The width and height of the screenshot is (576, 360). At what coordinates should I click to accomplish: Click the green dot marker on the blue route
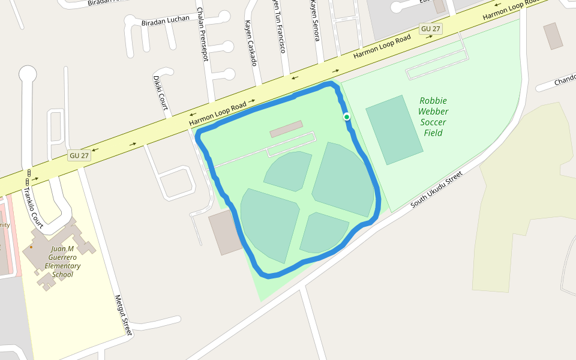347,116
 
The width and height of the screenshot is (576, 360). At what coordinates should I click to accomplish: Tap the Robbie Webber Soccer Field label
433,116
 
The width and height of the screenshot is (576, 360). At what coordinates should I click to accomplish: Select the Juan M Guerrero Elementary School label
62,262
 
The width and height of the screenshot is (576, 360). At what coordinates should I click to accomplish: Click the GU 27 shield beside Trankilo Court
79,155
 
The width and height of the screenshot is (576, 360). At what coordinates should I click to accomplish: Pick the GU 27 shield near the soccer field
431,29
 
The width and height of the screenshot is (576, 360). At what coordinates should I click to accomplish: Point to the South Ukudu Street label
437,190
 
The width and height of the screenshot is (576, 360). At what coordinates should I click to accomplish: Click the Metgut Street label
123,314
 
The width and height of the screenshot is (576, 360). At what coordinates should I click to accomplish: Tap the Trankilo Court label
33,208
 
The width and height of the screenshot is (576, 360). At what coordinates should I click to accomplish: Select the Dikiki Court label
160,92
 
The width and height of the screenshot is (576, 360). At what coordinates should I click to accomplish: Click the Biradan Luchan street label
165,20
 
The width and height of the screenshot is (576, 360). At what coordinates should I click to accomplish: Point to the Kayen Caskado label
251,43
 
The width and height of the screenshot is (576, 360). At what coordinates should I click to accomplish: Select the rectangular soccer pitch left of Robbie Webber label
395,130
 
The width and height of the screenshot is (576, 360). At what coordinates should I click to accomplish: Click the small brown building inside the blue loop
286,129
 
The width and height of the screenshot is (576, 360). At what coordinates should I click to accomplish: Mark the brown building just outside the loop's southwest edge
225,232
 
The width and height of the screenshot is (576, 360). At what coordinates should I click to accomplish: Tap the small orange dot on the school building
31,247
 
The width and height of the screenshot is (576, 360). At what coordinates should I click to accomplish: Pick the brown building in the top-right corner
553,36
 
